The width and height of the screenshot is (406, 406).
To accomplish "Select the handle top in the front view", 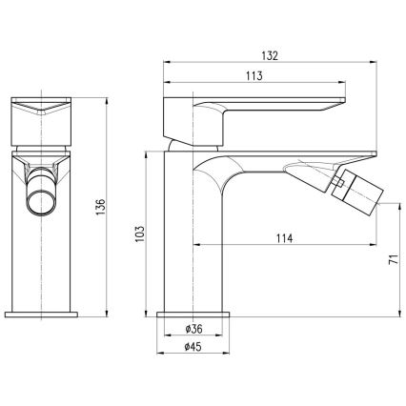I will pos(43,108).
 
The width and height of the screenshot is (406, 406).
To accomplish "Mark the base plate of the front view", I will pos(43,312).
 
